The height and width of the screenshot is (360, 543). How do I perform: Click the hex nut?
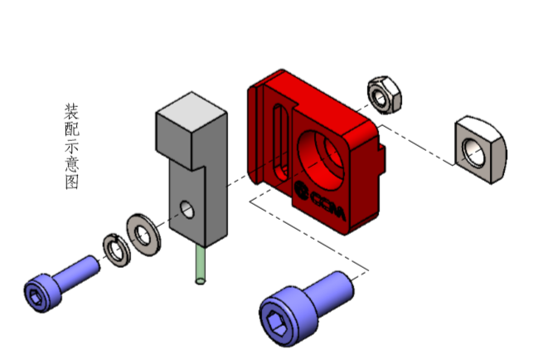click(x=385, y=95)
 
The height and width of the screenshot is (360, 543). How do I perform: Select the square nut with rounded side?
click(x=481, y=149)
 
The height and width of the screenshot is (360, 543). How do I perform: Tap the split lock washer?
click(x=117, y=251)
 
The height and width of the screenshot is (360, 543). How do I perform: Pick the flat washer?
click(x=143, y=235)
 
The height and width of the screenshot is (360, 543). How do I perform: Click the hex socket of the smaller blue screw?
click(x=36, y=297)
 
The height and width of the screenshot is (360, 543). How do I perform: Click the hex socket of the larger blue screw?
click(x=276, y=323)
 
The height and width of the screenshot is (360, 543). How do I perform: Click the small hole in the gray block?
click(x=187, y=209)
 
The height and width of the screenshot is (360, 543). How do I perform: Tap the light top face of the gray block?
click(x=192, y=112)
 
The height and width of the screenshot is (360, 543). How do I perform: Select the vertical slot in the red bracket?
click(x=281, y=143)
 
